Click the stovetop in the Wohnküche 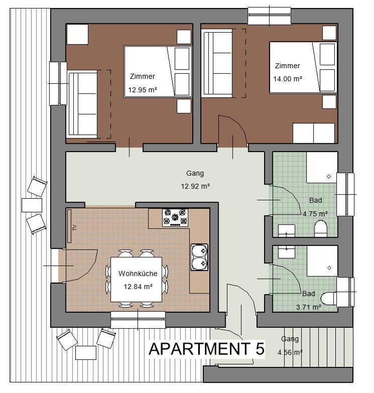click(x=175, y=218)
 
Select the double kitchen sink click(x=199, y=256)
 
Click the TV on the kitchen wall click(x=71, y=227)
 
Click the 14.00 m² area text click(x=287, y=79)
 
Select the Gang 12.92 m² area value click(x=195, y=186)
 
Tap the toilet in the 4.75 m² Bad click(x=320, y=230)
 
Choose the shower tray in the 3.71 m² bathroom click(x=322, y=260)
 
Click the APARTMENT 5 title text click(x=206, y=349)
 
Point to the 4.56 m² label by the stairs click(x=290, y=352)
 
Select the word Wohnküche click(x=138, y=274)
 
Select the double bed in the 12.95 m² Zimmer click(x=158, y=71)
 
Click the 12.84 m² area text click(x=138, y=287)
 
